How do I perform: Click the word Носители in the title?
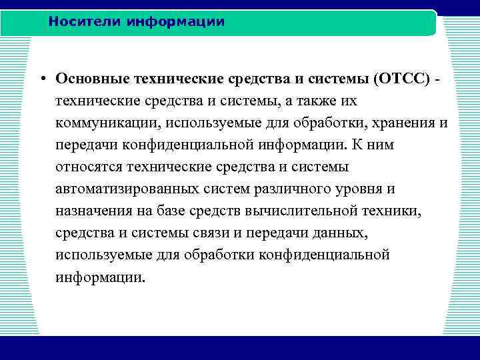(x=79, y=22)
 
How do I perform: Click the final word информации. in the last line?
(x=100, y=277)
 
